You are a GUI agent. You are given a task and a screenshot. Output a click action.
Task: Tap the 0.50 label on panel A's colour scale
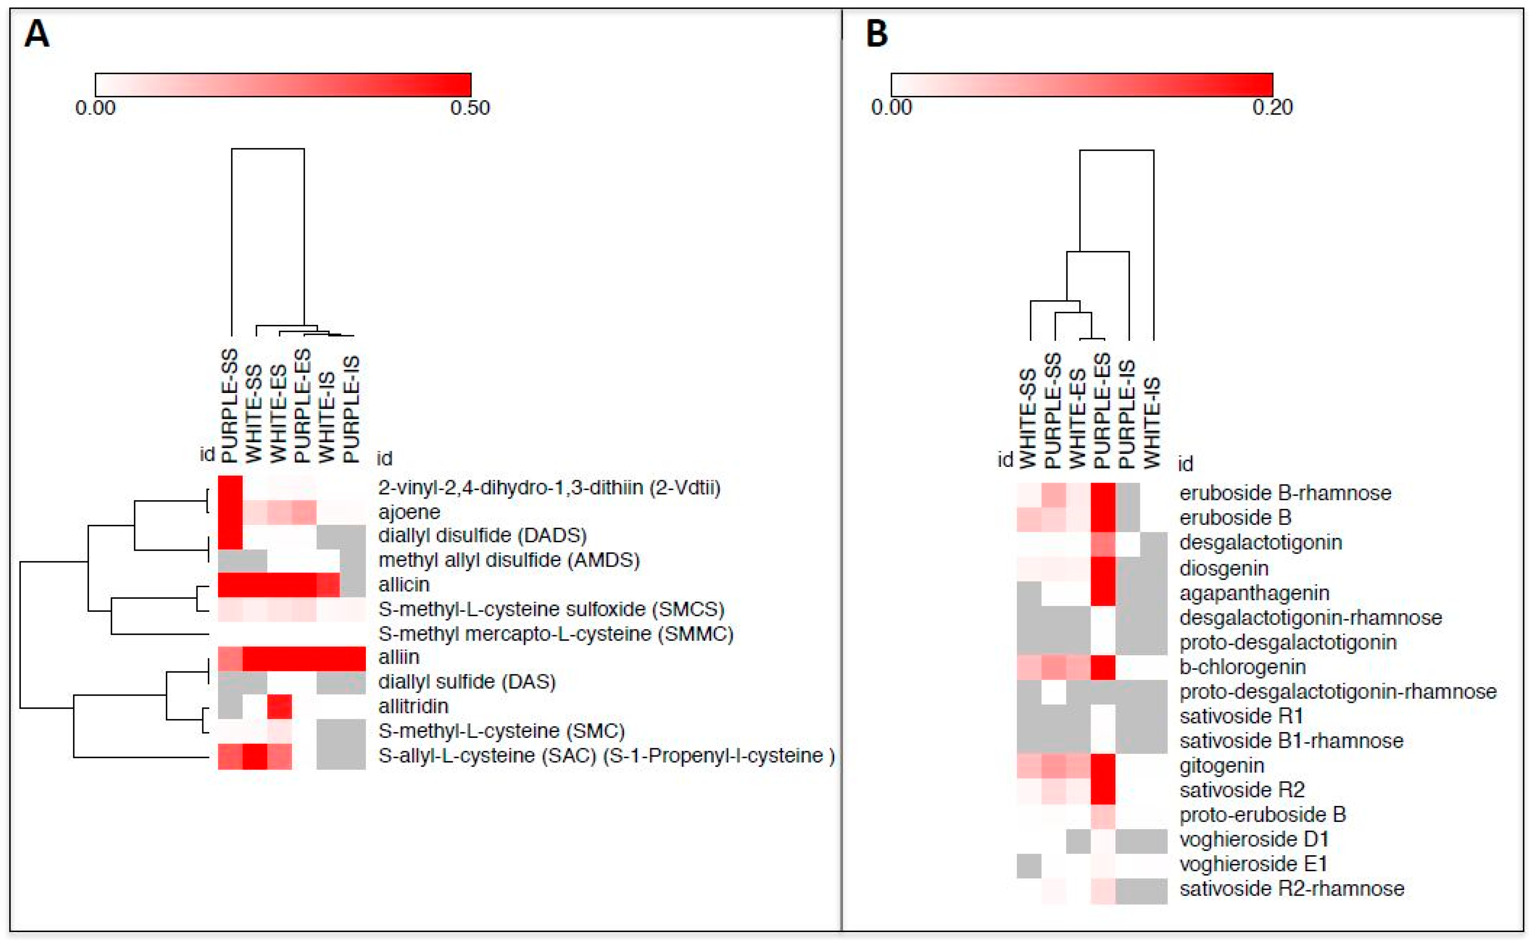(470, 108)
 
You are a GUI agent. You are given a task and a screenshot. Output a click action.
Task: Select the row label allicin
(404, 585)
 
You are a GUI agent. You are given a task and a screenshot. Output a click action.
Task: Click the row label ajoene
(409, 512)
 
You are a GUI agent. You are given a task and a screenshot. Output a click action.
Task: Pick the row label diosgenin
(1223, 568)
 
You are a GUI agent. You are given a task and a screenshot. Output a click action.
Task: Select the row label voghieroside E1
(1253, 864)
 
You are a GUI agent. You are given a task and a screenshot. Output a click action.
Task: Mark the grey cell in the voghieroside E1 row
(1029, 865)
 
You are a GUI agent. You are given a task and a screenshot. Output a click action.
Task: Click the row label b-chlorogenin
(1242, 667)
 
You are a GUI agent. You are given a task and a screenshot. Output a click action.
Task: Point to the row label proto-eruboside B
(1262, 814)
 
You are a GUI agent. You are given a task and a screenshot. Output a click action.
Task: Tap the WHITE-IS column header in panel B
(1152, 422)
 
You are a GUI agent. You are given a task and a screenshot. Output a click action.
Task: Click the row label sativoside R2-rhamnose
(1292, 888)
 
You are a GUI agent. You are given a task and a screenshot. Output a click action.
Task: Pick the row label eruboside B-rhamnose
(1285, 493)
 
